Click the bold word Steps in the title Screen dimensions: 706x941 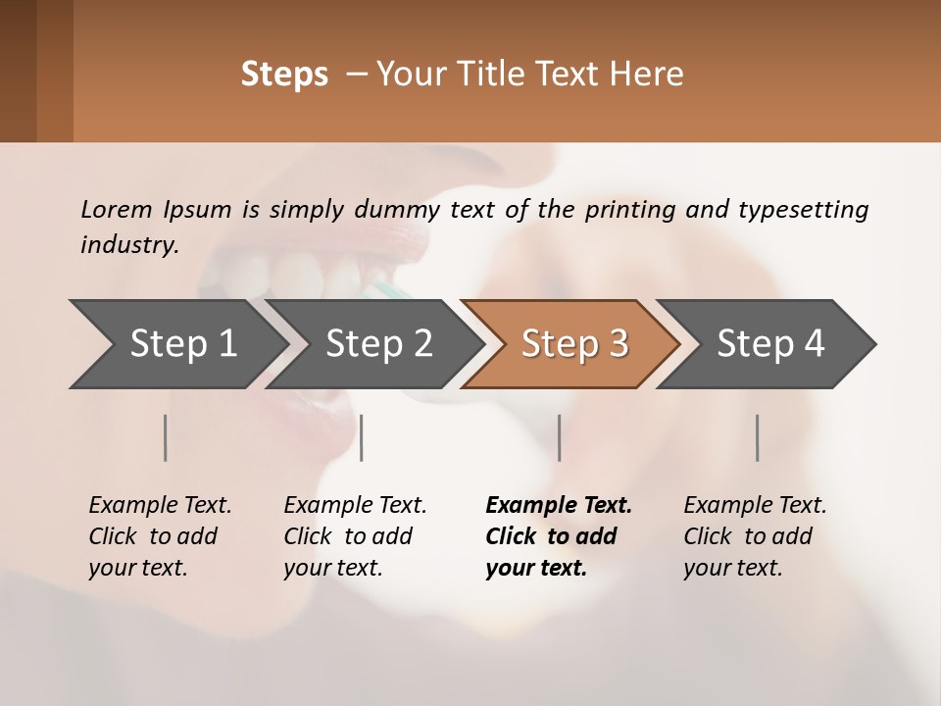click(284, 75)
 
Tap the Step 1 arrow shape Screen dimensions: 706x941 click(181, 344)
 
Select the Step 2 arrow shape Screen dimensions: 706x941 click(377, 344)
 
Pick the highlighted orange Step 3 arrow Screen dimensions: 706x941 click(573, 344)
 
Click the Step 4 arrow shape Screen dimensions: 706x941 click(769, 344)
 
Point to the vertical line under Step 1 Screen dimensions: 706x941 click(166, 437)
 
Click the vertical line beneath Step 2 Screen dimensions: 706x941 click(362, 437)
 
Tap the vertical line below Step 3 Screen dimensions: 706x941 click(559, 437)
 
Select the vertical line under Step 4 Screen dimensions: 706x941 click(757, 437)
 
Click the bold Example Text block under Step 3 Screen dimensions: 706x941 click(559, 536)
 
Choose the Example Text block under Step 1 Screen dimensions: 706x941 click(160, 536)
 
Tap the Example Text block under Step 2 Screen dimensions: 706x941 click(355, 536)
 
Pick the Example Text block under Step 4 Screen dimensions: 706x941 click(755, 536)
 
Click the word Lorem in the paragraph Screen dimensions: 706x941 click(117, 209)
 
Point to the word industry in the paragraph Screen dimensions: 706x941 click(129, 244)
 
